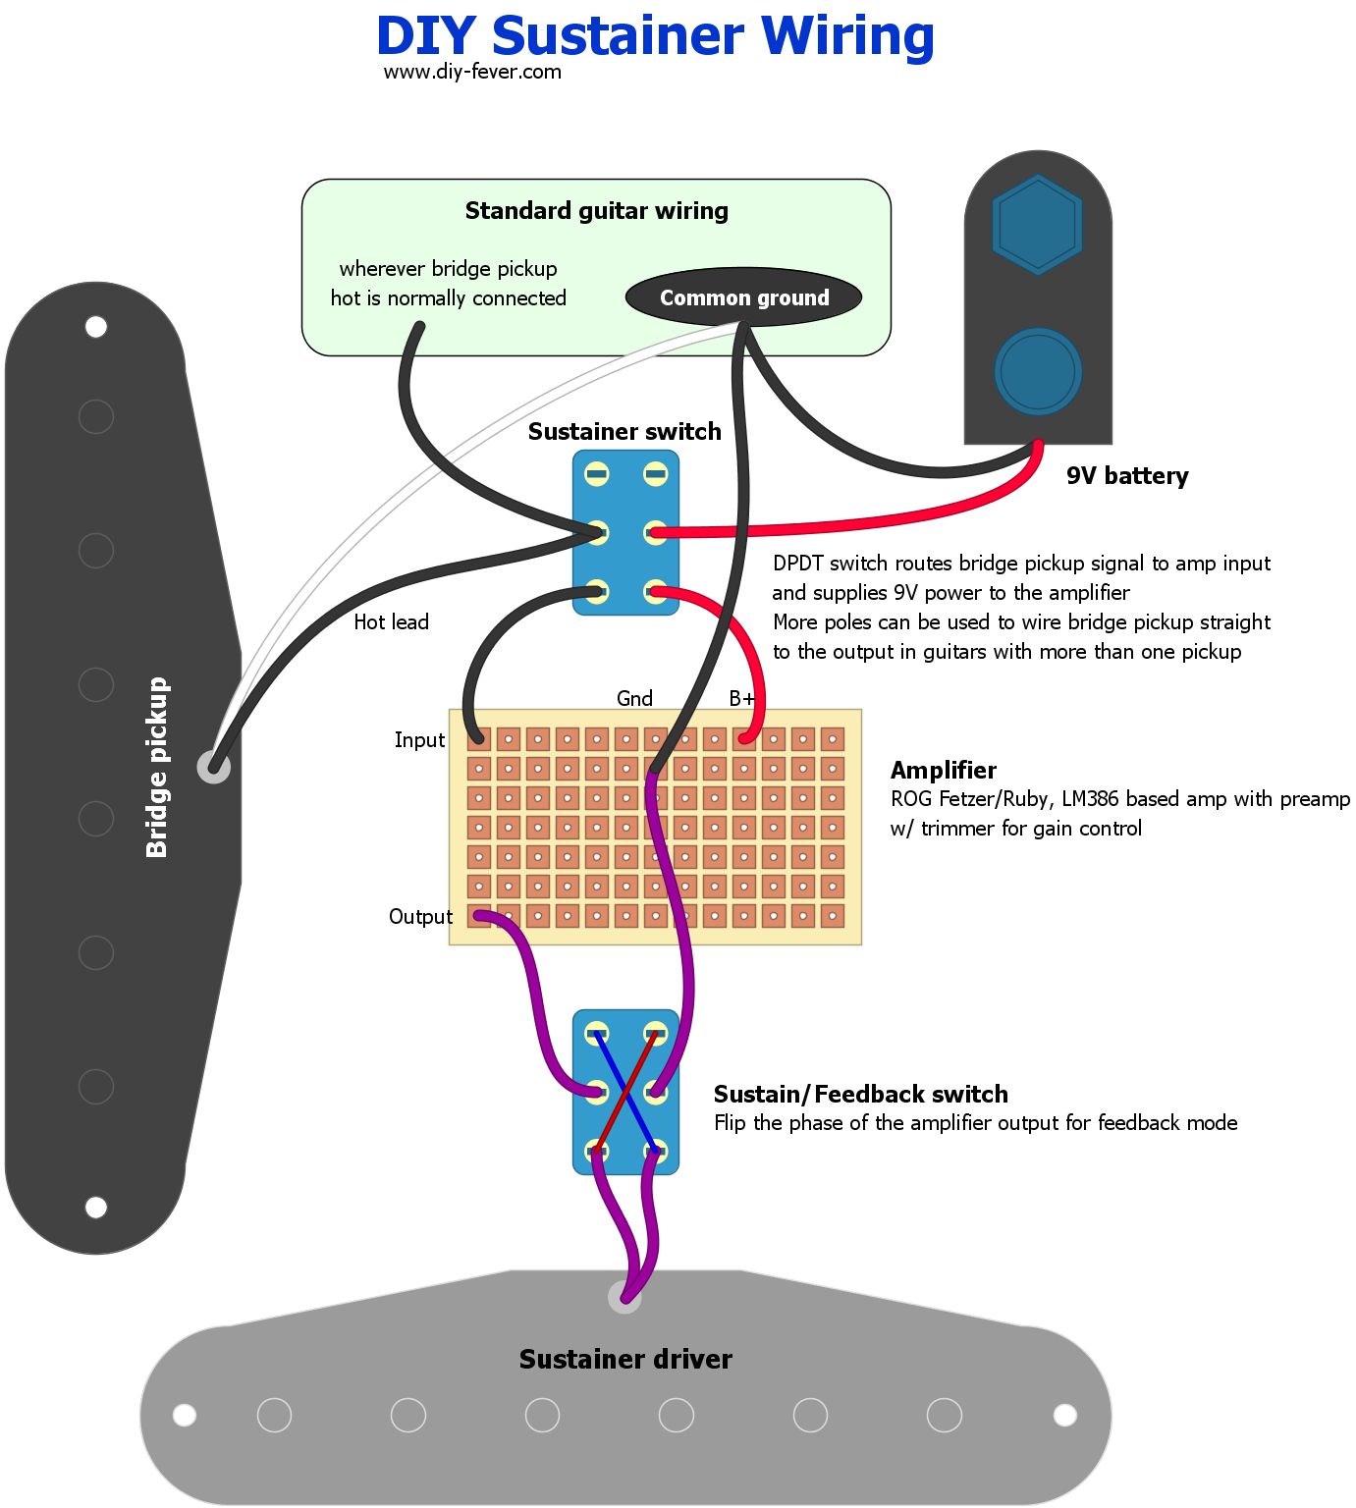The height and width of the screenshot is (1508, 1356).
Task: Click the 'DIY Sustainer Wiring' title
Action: (x=655, y=36)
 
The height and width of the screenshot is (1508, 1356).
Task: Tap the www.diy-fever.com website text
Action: (x=472, y=72)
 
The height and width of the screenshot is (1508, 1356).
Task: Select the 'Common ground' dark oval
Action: (x=743, y=297)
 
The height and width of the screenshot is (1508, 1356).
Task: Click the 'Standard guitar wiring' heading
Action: (x=596, y=211)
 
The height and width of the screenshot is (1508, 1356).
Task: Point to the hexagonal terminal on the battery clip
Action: (x=1037, y=225)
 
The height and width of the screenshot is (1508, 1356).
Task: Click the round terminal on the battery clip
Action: (x=1038, y=372)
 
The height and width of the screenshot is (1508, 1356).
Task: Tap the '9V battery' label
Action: (x=1127, y=476)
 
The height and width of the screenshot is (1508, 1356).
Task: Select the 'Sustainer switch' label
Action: (x=624, y=432)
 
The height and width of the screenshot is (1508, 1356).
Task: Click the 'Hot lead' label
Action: (x=391, y=622)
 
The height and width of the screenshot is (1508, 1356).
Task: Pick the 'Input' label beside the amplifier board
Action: (x=419, y=740)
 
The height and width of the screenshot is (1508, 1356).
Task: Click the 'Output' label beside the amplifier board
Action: (x=420, y=917)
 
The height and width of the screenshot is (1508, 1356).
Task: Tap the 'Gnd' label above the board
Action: (x=634, y=699)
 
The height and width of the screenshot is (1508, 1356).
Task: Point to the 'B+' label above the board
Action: (x=742, y=699)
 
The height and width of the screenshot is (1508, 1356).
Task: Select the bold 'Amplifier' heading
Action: (x=943, y=771)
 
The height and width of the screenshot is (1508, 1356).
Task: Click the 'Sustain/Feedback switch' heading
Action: (x=860, y=1095)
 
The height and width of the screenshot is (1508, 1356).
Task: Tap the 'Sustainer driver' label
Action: (x=625, y=1360)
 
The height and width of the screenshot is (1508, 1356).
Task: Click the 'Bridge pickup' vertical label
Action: (x=157, y=768)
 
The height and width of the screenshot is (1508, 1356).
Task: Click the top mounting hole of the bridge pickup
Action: (x=96, y=327)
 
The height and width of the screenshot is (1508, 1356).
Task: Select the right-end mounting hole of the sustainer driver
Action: (x=1064, y=1415)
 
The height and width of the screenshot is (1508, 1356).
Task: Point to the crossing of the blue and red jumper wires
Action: (x=625, y=1092)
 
